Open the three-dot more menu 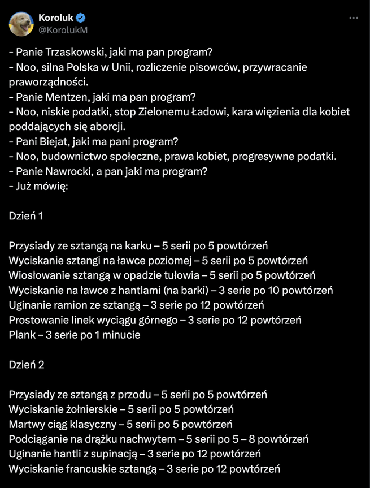coord(354,18)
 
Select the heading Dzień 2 coord(26,365)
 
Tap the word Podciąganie coord(37,439)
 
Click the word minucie coord(120,335)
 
